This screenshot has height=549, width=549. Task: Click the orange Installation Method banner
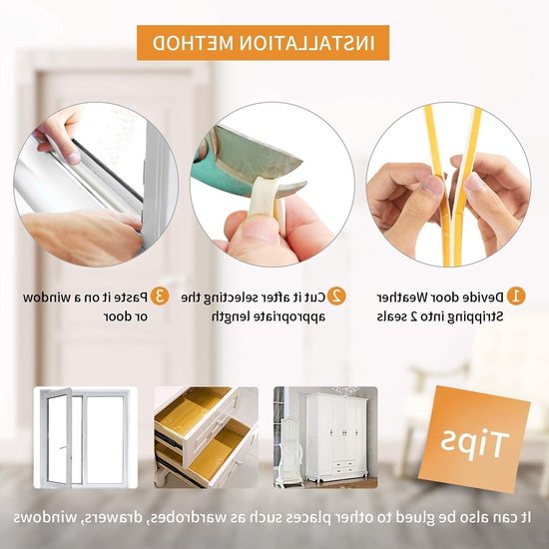(x=263, y=43)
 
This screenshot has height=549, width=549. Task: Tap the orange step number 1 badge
(x=515, y=296)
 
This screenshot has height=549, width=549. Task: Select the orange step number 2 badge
(x=336, y=296)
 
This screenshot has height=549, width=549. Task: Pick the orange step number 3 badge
(x=160, y=296)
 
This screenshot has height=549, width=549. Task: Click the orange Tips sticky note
(x=474, y=439)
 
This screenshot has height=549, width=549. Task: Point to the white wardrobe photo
(x=325, y=437)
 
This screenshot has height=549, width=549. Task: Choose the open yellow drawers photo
(x=207, y=437)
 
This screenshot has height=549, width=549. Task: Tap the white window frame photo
(x=86, y=437)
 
